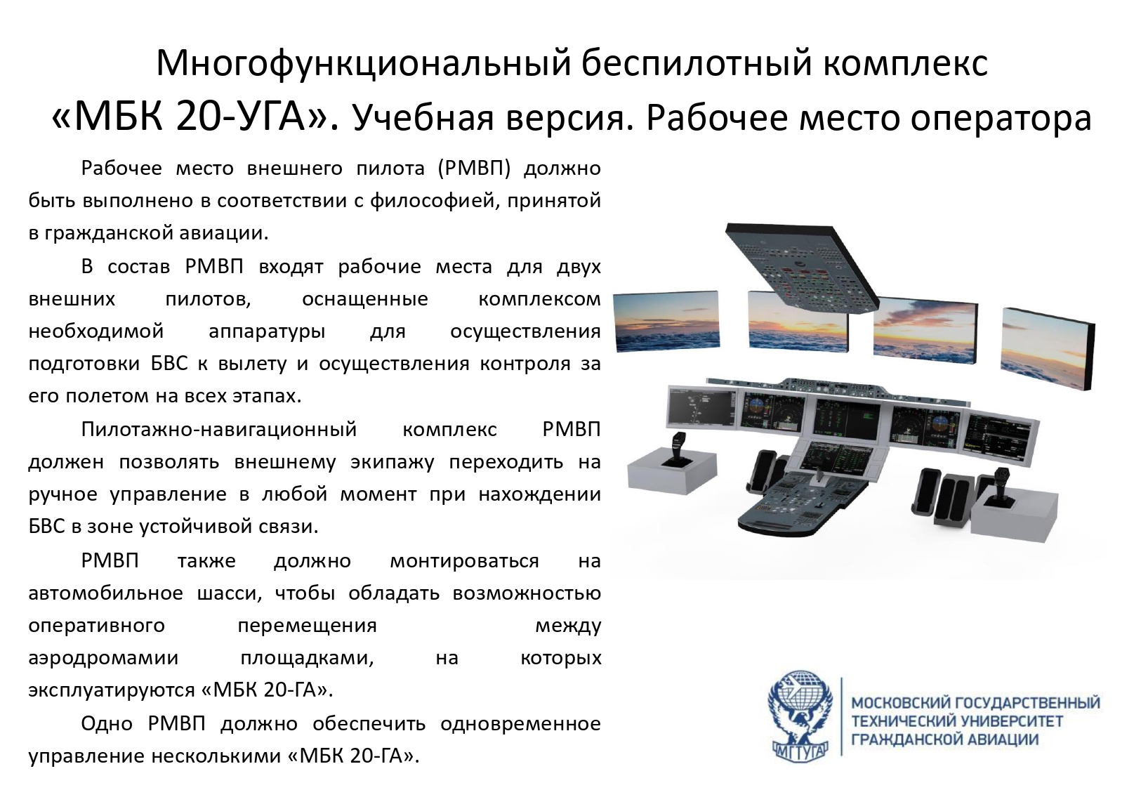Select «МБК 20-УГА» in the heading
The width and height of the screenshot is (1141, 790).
pos(195,118)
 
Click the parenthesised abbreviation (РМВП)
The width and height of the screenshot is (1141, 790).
pos(474,169)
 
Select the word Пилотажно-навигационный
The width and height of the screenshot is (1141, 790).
pos(219,430)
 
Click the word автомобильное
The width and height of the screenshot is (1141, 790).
pos(105,593)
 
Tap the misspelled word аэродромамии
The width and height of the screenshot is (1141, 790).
pos(103,659)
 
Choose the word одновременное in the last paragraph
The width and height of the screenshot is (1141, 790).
pos(520,724)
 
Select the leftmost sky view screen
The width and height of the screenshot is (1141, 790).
pos(666,322)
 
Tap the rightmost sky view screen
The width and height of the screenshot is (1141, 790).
pos(1048,348)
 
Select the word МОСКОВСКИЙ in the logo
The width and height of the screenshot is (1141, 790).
pos(899,704)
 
